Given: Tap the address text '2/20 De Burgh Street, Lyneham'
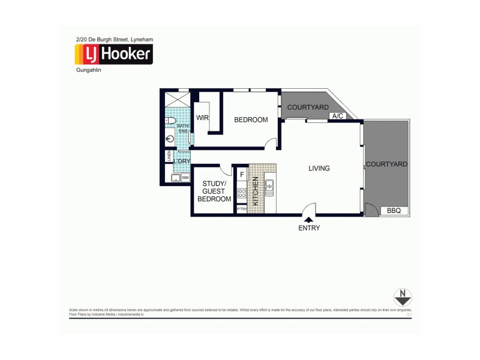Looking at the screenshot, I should coord(114,39).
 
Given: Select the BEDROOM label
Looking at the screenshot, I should coord(251,120).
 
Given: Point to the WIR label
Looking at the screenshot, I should coord(202,118).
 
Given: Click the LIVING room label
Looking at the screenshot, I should coord(319,169).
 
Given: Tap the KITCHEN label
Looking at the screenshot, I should coord(255,191).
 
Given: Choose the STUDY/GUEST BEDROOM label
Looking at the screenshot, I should coord(214,191).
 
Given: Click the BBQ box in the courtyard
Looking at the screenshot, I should coord(394,211).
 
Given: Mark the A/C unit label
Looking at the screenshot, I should coord(337,116).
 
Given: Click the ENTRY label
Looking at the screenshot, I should coord(309,228).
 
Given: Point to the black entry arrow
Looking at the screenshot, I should coord(308,220).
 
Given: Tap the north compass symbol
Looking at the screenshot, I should coord(402,297).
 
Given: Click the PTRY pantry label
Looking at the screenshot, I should coord(242,209).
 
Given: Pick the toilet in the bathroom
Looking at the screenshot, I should coord(171,121).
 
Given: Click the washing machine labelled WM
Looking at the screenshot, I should coord(185,178).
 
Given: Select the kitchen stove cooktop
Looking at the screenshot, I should coord(242,193).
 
